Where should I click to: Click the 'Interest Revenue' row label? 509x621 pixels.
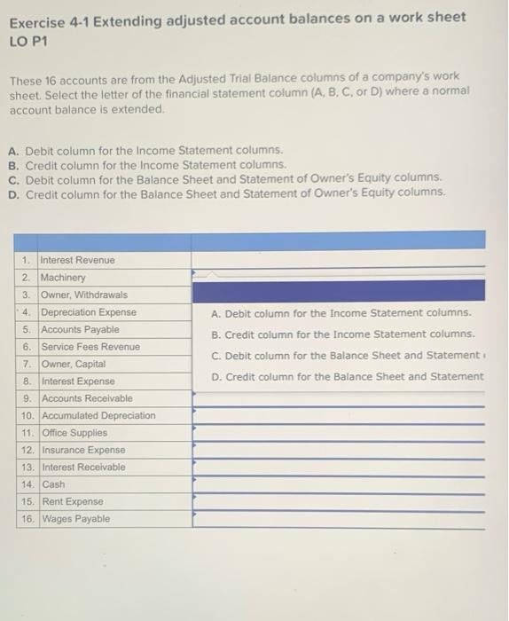(x=78, y=260)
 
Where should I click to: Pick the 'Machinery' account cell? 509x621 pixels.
(x=64, y=278)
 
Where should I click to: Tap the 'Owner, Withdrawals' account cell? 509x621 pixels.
(x=85, y=295)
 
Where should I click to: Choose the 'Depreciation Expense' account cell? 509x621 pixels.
(x=90, y=312)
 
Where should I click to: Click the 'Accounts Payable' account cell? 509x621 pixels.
(x=81, y=329)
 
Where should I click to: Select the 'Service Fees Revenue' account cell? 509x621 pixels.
(x=91, y=347)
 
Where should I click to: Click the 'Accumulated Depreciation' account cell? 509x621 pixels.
(x=99, y=415)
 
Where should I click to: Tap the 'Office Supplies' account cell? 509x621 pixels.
(x=75, y=433)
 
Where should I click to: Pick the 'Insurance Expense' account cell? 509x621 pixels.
(x=84, y=450)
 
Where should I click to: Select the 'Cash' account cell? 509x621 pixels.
(x=54, y=484)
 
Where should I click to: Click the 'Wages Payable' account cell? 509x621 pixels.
(x=77, y=519)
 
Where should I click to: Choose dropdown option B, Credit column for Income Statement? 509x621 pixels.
(x=343, y=334)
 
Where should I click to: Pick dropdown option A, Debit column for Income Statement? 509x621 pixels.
(x=341, y=313)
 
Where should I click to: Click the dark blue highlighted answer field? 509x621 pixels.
(x=338, y=291)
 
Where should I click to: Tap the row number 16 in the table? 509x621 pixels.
(x=27, y=519)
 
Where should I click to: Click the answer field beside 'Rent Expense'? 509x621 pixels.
(x=338, y=502)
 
